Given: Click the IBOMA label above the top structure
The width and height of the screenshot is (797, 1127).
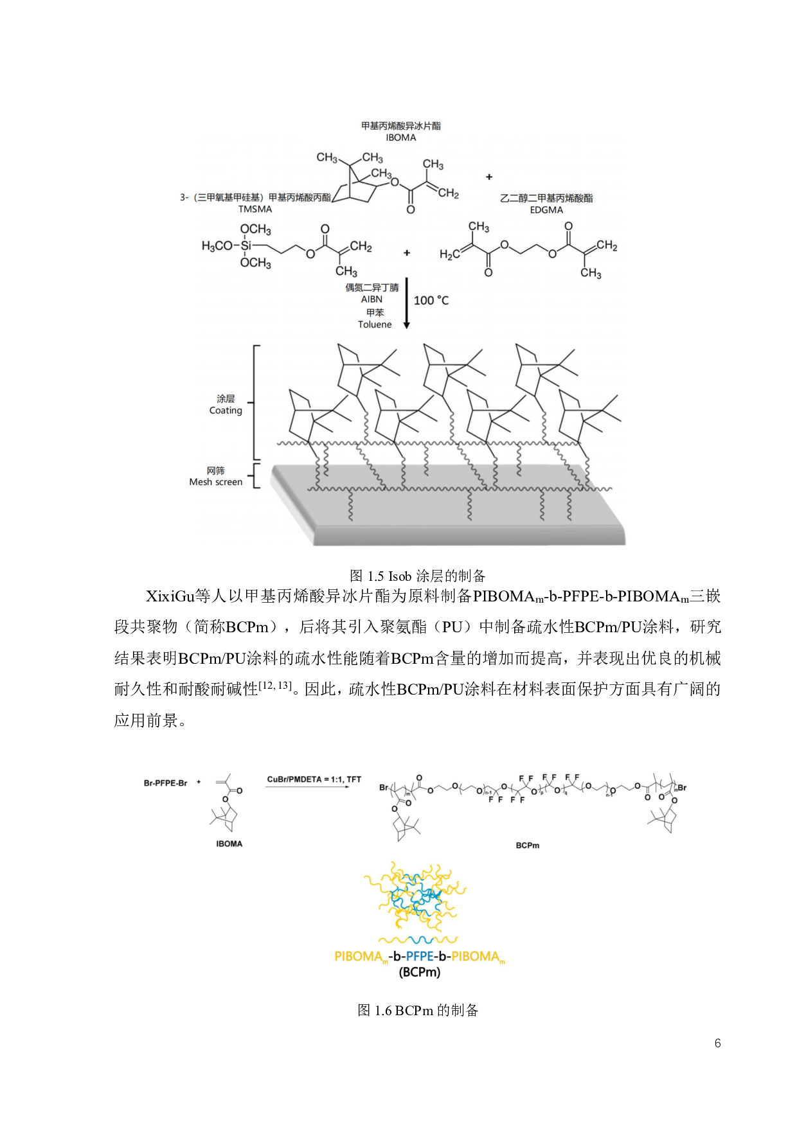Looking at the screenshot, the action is click(401, 138).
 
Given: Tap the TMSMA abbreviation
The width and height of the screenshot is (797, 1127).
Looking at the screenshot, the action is click(255, 209).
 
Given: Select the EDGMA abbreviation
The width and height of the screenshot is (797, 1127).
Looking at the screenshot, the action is click(546, 210).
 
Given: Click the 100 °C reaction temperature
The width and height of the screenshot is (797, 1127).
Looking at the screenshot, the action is click(431, 301).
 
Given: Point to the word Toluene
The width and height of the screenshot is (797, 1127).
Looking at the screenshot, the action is click(375, 324).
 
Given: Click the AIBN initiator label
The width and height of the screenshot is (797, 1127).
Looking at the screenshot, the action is click(372, 299).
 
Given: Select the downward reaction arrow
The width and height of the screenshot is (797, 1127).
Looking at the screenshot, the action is click(406, 303).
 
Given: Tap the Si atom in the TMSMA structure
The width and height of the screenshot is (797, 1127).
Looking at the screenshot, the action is click(246, 245).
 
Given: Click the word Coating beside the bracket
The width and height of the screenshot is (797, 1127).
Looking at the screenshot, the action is click(226, 411).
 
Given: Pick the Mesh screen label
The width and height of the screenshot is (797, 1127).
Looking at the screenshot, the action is click(216, 482).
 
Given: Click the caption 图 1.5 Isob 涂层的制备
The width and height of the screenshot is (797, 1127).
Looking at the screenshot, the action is click(418, 576).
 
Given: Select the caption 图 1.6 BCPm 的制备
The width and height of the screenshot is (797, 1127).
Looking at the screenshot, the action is click(418, 1011).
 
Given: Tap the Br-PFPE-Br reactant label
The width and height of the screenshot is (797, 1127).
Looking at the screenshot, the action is click(165, 783).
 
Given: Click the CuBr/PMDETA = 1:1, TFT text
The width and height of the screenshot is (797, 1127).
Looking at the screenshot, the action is click(314, 779).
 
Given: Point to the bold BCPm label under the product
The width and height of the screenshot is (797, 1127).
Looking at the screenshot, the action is click(528, 846).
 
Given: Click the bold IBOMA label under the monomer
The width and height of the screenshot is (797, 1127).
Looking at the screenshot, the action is click(229, 844).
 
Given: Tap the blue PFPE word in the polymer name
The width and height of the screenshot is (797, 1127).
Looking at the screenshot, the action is click(420, 957).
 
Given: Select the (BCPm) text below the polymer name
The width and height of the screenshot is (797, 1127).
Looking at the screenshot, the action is click(420, 972).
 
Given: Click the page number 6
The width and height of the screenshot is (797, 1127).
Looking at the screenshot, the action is click(718, 1043).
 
